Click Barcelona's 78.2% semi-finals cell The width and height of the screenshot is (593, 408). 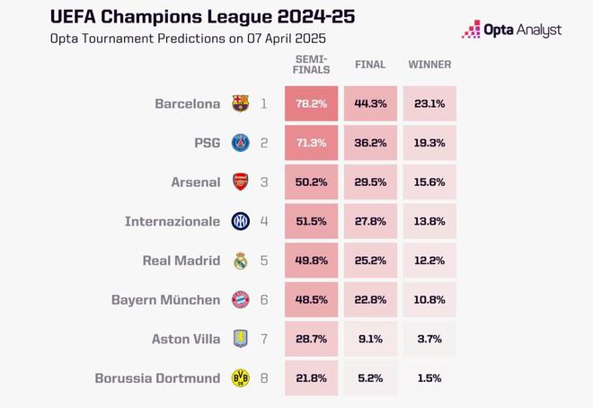[312, 103]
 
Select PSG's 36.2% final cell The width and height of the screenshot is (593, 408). [370, 143]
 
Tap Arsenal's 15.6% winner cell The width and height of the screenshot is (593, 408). [429, 182]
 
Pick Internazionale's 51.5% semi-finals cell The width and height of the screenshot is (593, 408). [312, 221]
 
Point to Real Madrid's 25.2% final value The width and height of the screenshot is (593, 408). [370, 261]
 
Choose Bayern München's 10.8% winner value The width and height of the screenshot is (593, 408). [429, 299]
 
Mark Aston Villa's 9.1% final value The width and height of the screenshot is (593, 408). [370, 339]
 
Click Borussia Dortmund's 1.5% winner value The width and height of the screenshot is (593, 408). [429, 378]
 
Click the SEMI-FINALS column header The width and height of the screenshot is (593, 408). [312, 65]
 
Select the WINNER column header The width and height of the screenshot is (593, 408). [429, 65]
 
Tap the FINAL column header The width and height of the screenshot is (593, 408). [370, 65]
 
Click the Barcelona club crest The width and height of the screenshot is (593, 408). [240, 103]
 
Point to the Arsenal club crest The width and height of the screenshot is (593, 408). [240, 182]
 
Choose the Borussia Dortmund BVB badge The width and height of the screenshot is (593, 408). [240, 378]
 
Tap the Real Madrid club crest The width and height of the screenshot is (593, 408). [240, 261]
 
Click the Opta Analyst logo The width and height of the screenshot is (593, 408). [512, 30]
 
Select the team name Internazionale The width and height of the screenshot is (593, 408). [173, 221]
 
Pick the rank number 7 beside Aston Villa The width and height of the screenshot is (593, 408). [264, 339]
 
